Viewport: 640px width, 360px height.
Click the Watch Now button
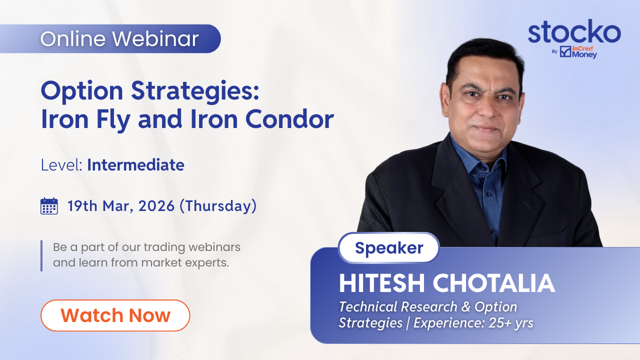click(115, 315)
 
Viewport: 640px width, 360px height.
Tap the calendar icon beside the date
click(49, 206)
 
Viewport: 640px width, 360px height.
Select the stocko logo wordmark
click(574, 31)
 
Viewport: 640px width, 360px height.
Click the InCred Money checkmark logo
click(565, 51)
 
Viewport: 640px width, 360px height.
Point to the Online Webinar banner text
click(119, 39)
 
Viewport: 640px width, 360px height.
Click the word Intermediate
click(135, 165)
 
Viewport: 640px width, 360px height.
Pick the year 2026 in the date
click(156, 206)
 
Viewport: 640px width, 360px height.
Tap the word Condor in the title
click(289, 119)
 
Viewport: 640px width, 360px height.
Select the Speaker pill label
click(389, 247)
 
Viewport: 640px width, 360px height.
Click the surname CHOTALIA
click(494, 283)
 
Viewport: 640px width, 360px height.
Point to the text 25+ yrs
click(511, 323)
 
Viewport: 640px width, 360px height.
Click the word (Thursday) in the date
click(218, 206)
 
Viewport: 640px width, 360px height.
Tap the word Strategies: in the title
click(195, 91)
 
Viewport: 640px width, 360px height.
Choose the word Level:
click(61, 165)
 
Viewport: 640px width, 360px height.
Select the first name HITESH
click(381, 283)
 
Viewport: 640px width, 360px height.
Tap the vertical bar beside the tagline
click(41, 255)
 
